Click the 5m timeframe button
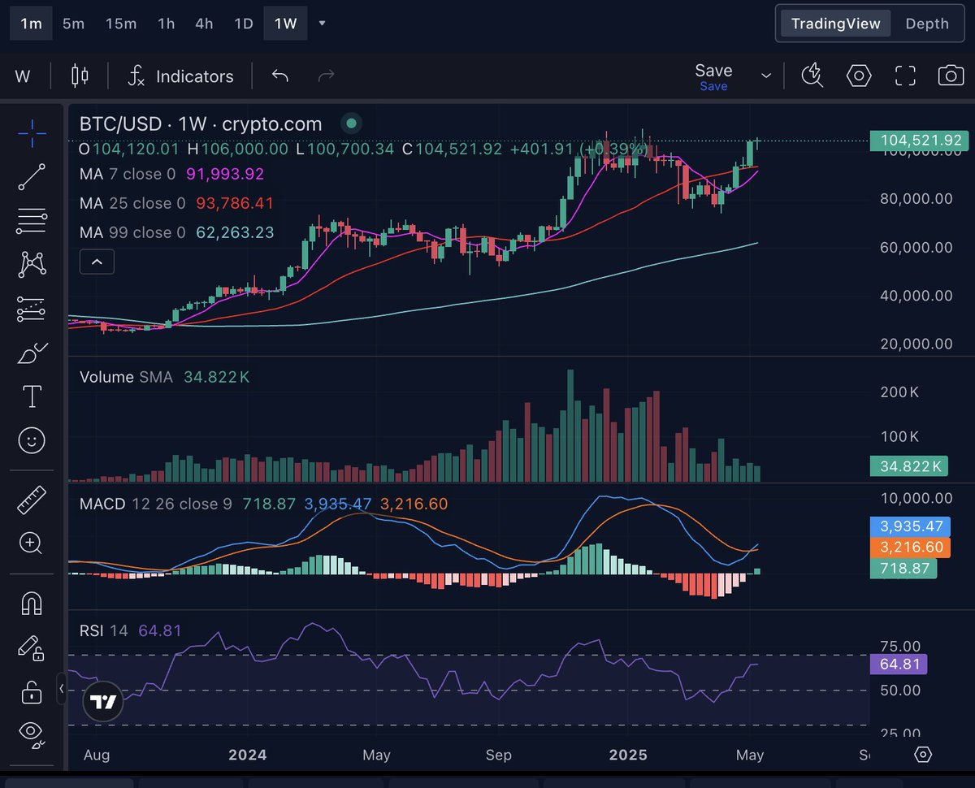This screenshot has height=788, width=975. [x=73, y=24]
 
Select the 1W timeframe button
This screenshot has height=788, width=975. [x=285, y=24]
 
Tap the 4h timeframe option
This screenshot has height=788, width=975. [x=204, y=24]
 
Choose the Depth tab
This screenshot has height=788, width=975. [x=926, y=24]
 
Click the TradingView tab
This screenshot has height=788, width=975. [x=835, y=24]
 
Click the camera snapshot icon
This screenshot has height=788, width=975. [x=951, y=76]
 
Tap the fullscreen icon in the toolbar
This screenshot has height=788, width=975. [x=905, y=76]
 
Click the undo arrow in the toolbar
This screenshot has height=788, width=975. [x=280, y=76]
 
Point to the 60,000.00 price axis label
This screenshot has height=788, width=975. [x=916, y=247]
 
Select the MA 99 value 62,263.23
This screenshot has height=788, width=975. [x=235, y=232]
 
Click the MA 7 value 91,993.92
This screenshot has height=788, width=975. [x=225, y=174]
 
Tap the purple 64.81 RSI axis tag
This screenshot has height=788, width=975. [x=898, y=665]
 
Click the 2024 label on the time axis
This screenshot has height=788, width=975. [x=247, y=755]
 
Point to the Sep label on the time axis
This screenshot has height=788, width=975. [x=498, y=755]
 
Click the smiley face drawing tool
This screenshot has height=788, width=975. [x=32, y=440]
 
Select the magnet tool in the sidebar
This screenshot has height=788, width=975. [x=32, y=603]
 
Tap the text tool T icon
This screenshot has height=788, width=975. [x=32, y=396]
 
